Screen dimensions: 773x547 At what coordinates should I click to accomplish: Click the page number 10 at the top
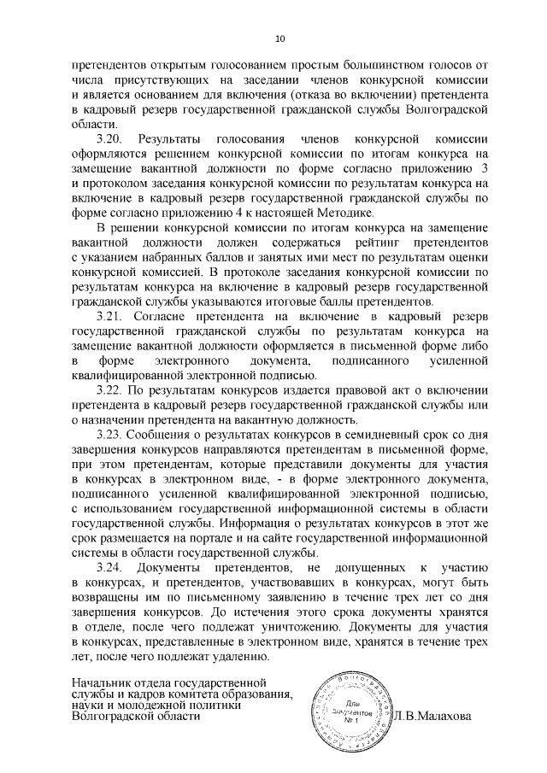click(x=279, y=38)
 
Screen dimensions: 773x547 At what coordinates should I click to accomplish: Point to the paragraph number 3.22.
click(x=111, y=389)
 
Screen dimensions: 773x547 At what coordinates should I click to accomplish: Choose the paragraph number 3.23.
click(x=111, y=436)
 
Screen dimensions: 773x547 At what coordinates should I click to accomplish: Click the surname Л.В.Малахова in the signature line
click(x=432, y=716)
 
